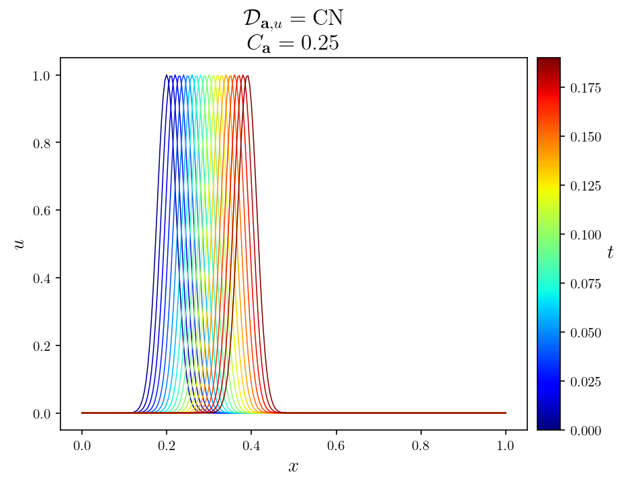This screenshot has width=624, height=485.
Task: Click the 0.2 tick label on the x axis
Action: (x=167, y=445)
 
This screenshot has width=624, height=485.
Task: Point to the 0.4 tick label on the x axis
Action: (x=251, y=445)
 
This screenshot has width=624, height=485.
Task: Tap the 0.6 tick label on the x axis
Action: (x=336, y=445)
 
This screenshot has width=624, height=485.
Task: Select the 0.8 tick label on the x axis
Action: (x=421, y=445)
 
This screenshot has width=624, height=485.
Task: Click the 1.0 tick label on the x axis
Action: (x=506, y=445)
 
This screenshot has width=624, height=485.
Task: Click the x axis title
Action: (x=294, y=467)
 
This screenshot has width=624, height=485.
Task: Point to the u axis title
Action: (x=19, y=244)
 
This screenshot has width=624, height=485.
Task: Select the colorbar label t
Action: (x=610, y=252)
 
